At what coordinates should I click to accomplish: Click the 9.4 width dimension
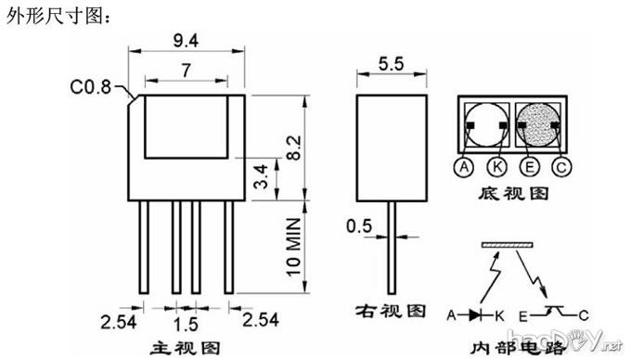pyautogui.click(x=186, y=41)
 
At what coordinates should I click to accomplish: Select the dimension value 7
pyautogui.click(x=186, y=71)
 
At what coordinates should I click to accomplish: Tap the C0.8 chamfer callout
pyautogui.click(x=90, y=87)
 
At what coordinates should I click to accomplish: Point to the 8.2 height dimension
pyautogui.click(x=294, y=148)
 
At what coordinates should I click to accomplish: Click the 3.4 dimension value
pyautogui.click(x=261, y=176)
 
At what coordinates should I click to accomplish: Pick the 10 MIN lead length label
pyautogui.click(x=294, y=247)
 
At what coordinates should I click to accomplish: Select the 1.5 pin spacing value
pyautogui.click(x=186, y=325)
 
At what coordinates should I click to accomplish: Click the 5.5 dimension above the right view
pyautogui.click(x=392, y=63)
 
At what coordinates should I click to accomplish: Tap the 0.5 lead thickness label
pyautogui.click(x=359, y=226)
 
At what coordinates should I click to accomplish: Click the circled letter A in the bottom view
pyautogui.click(x=464, y=166)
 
